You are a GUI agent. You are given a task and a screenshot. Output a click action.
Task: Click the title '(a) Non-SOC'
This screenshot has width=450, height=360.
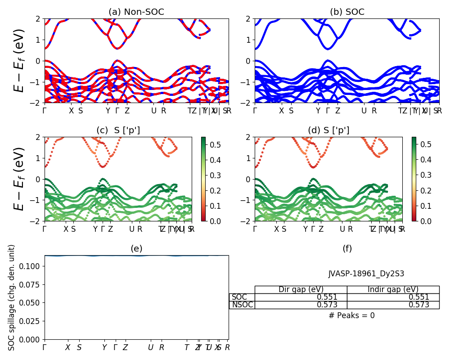[x=136, y=12]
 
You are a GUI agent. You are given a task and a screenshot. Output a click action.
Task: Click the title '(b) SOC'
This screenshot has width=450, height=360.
[x=347, y=12]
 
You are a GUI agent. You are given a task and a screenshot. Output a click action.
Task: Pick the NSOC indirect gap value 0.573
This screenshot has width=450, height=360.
[x=418, y=305]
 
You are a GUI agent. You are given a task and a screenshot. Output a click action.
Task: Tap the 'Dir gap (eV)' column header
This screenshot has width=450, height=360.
[x=301, y=289]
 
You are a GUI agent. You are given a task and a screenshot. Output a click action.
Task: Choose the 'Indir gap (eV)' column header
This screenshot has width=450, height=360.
[x=393, y=289]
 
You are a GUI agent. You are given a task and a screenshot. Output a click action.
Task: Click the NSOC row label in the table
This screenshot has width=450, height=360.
[x=242, y=305]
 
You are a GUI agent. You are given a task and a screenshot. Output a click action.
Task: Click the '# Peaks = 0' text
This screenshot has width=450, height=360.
[x=351, y=315]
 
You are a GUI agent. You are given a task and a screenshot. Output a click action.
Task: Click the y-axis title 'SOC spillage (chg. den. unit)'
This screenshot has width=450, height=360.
[x=12, y=297]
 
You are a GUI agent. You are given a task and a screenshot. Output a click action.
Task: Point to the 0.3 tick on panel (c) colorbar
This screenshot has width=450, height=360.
[x=214, y=175]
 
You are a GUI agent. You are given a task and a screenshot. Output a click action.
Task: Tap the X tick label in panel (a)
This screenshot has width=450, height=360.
[x=71, y=111]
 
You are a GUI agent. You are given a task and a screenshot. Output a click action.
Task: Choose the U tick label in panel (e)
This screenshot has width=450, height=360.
[x=151, y=347]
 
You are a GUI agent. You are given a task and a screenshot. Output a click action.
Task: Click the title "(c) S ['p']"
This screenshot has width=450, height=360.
[x=118, y=130]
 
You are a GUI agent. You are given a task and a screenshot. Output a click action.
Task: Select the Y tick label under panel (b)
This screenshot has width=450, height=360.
[x=318, y=111]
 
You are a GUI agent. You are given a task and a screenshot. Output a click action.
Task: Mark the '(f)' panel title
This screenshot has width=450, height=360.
[x=347, y=248]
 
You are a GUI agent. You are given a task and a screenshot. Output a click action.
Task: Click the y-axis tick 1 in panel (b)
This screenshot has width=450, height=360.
[x=249, y=40]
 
